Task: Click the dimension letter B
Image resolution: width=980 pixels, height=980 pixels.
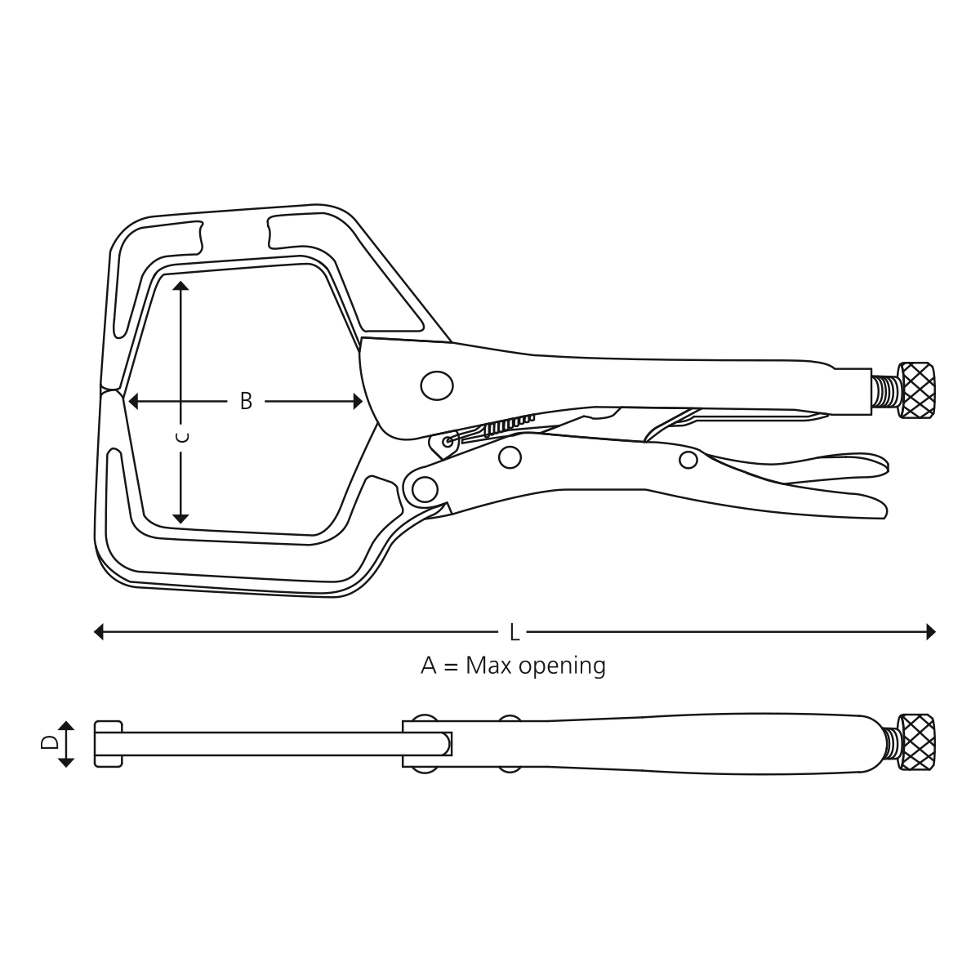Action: (x=246, y=402)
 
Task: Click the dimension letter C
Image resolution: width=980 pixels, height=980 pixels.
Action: (x=181, y=438)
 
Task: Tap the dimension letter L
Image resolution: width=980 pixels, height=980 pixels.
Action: (x=514, y=633)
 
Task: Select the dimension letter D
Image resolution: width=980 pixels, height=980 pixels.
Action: (x=49, y=742)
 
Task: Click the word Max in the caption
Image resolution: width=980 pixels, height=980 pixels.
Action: (x=488, y=666)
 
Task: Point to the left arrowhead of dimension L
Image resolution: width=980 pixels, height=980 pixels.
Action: (x=99, y=632)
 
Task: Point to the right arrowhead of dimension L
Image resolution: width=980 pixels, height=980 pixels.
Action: (x=931, y=632)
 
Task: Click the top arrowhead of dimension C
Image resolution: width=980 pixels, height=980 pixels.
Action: (x=180, y=285)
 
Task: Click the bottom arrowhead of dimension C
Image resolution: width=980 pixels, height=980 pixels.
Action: (x=180, y=519)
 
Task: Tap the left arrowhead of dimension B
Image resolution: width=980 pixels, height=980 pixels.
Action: (x=133, y=402)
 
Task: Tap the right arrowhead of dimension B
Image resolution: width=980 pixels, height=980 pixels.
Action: (x=358, y=402)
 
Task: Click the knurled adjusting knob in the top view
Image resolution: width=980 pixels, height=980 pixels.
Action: (x=916, y=390)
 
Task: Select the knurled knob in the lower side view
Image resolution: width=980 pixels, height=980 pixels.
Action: (x=916, y=742)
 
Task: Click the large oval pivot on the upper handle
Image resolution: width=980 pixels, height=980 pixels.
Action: (x=437, y=385)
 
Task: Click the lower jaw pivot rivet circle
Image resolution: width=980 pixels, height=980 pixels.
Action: (x=425, y=490)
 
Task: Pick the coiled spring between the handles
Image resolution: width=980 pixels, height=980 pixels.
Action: (x=509, y=425)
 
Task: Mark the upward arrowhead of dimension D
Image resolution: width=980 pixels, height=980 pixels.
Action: (x=66, y=725)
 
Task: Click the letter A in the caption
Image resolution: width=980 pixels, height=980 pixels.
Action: (x=429, y=666)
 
